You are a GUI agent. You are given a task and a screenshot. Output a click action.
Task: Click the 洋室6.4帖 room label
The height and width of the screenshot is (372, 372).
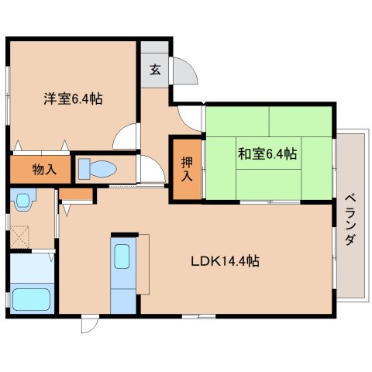(x=72, y=99)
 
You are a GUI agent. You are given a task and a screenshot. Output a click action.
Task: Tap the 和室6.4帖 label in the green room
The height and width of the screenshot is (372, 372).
(x=267, y=154)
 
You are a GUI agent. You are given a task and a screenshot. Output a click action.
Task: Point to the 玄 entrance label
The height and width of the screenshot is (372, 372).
(x=155, y=70)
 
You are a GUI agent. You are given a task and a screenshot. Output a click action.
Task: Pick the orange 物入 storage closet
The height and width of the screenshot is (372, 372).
(x=40, y=168)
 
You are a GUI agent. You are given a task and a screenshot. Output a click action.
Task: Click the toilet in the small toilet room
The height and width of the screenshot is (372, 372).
(x=97, y=168)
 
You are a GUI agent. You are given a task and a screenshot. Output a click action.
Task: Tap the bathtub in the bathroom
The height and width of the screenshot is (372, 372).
(x=30, y=299)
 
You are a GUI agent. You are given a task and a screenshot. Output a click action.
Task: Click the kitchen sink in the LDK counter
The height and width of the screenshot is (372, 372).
(x=122, y=256)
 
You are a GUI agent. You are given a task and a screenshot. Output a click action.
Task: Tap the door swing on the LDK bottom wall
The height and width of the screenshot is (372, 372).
(x=90, y=324)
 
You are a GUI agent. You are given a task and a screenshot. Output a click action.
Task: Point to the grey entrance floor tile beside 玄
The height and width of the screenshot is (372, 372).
(x=155, y=50)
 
